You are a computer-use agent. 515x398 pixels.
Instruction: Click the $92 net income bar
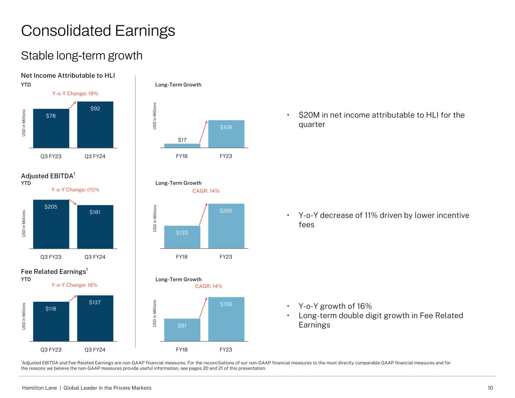[x=95, y=124]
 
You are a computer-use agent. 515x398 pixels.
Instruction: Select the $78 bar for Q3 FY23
[x=51, y=128]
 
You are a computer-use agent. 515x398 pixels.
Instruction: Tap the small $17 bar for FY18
[x=182, y=146]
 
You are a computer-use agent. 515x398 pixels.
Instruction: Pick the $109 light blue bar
[x=226, y=134]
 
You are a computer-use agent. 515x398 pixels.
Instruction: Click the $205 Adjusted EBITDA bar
[x=51, y=224]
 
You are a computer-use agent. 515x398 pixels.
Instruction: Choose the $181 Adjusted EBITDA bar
[x=95, y=227]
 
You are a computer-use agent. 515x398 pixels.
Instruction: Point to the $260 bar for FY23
[x=226, y=226]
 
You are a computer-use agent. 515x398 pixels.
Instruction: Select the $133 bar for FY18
[x=182, y=237]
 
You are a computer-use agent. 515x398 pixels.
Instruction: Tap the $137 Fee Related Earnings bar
[x=95, y=318]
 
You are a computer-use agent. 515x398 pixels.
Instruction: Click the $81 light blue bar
[x=182, y=330]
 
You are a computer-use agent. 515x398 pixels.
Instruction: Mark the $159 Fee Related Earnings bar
[x=226, y=319]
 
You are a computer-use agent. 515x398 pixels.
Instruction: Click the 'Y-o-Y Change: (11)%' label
[x=75, y=190]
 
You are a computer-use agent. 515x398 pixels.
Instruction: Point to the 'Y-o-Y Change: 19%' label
[x=75, y=94]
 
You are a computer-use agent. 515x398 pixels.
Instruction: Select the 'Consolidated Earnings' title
[x=98, y=31]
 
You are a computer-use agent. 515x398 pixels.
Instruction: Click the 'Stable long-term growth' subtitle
[x=82, y=56]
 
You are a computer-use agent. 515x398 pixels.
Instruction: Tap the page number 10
[x=490, y=388]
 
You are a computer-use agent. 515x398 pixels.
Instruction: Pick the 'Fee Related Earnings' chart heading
[x=54, y=272]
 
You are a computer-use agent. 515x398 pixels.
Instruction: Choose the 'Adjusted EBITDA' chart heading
[x=47, y=176]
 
